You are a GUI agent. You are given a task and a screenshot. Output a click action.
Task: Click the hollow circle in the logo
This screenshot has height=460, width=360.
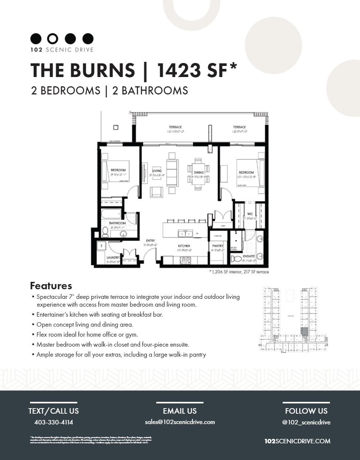[53, 39]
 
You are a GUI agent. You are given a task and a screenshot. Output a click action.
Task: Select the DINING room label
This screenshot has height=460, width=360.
[199, 173]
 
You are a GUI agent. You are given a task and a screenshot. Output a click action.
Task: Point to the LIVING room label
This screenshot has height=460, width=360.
[157, 171]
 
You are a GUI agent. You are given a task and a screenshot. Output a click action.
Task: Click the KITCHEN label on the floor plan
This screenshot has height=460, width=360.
[184, 246]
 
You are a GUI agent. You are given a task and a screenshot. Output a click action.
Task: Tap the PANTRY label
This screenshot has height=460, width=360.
[217, 246]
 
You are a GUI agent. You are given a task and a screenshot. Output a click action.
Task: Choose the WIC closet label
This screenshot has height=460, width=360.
[250, 214]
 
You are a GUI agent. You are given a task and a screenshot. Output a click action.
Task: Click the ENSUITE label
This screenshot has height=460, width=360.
[249, 256]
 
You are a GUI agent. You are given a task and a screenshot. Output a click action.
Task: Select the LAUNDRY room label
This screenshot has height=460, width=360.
[113, 257]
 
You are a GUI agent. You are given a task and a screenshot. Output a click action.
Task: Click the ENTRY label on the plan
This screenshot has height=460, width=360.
[150, 240]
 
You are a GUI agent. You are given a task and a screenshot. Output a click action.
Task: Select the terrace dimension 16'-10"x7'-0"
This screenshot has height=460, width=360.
[175, 131]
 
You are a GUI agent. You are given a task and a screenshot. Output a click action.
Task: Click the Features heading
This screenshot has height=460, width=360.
[51, 286]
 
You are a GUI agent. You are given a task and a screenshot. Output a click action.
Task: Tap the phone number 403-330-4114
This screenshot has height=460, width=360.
[53, 422]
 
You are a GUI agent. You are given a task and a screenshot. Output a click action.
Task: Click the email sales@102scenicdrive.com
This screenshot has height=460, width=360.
[180, 422]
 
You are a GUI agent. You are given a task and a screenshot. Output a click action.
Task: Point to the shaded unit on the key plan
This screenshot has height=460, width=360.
[304, 331]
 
